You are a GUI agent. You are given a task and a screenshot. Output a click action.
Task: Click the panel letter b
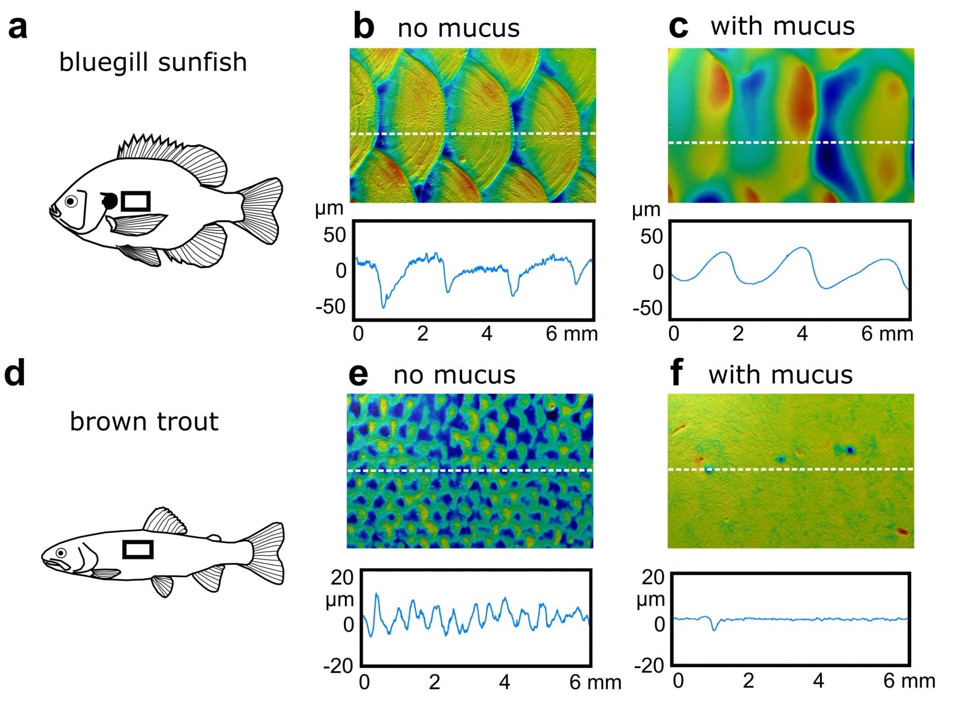pyautogui.click(x=363, y=27)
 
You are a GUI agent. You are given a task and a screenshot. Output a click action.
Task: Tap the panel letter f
pyautogui.click(x=676, y=373)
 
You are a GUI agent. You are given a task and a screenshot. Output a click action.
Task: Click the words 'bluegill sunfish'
pyautogui.click(x=153, y=62)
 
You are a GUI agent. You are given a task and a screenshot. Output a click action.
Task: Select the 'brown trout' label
pyautogui.click(x=144, y=422)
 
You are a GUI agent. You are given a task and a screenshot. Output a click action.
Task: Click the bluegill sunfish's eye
pyautogui.click(x=71, y=201)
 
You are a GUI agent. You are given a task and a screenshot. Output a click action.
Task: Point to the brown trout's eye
pyautogui.click(x=61, y=553)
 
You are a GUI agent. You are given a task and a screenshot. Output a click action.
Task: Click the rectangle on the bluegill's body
pyautogui.click(x=136, y=201)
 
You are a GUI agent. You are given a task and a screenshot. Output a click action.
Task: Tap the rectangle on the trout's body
pyautogui.click(x=138, y=550)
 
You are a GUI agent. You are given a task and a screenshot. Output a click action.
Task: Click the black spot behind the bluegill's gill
pyautogui.click(x=110, y=201)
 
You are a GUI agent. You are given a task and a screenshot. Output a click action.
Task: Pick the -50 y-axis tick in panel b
pyautogui.click(x=330, y=307)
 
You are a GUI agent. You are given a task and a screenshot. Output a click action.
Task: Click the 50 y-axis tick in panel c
pyautogui.click(x=651, y=236)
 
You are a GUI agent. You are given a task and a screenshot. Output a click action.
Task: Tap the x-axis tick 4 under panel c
pyautogui.click(x=802, y=334)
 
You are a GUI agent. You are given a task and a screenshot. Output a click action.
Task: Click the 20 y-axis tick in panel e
pyautogui.click(x=342, y=577)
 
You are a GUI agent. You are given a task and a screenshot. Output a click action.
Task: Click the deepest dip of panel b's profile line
pyautogui.click(x=384, y=307)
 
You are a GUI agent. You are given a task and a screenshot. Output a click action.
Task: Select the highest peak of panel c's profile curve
pyautogui.click(x=803, y=247)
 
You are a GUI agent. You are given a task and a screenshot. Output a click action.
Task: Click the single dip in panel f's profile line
pyautogui.click(x=714, y=630)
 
